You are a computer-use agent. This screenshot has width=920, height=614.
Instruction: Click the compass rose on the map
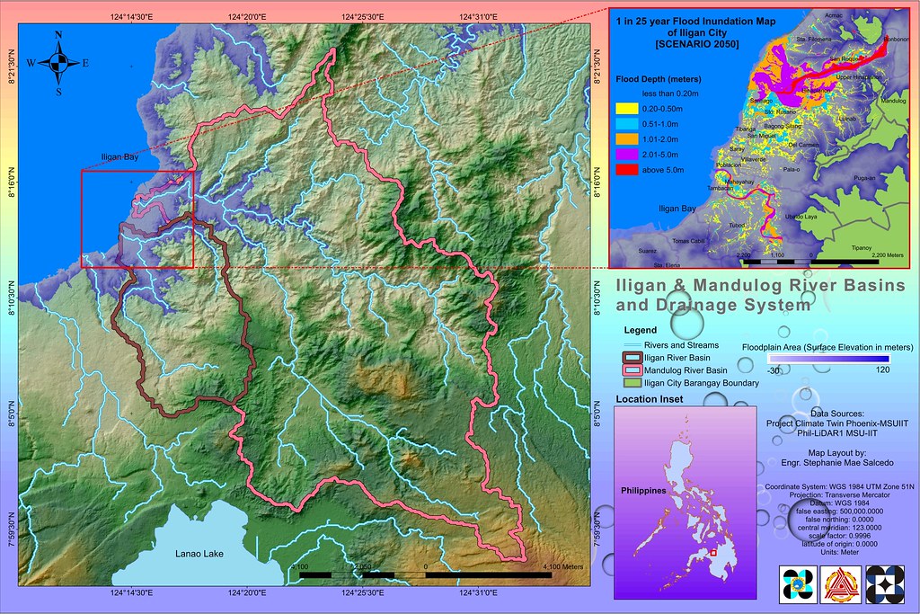(x=58, y=62)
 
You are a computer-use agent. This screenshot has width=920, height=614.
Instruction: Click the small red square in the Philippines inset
(x=712, y=553)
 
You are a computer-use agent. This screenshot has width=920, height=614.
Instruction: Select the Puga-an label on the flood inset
(x=864, y=179)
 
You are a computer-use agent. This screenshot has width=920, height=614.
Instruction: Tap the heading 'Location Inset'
(x=650, y=399)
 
